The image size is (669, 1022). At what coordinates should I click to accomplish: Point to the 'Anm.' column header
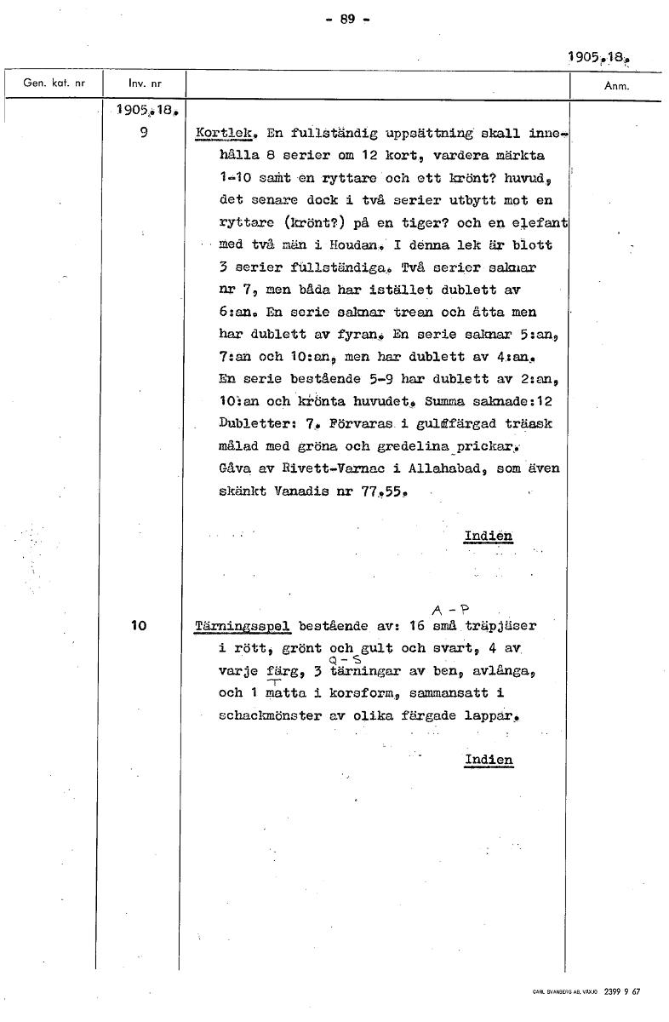(615, 86)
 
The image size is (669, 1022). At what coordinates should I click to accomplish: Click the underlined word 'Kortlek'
(226, 134)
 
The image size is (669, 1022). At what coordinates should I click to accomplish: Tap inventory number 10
(140, 625)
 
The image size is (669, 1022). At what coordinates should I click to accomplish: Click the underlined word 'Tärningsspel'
(243, 625)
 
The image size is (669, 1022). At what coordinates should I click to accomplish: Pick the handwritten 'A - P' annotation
(450, 609)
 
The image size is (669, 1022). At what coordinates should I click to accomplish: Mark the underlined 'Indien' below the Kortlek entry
(488, 536)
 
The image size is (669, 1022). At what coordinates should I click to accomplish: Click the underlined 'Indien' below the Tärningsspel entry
(489, 759)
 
